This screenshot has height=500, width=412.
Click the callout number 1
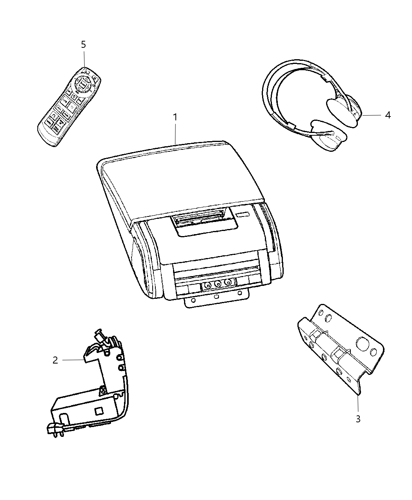[x=175, y=117]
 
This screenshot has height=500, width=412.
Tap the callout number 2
[x=55, y=360]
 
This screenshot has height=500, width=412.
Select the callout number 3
[x=358, y=419]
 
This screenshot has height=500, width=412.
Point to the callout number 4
[x=388, y=115]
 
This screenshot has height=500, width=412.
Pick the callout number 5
[x=83, y=45]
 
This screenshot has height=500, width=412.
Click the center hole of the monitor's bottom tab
[x=216, y=297]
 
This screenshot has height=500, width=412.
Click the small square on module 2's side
[x=99, y=410]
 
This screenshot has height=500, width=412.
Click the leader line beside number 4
[x=371, y=115]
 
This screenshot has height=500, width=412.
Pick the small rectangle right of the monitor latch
[x=243, y=215]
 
